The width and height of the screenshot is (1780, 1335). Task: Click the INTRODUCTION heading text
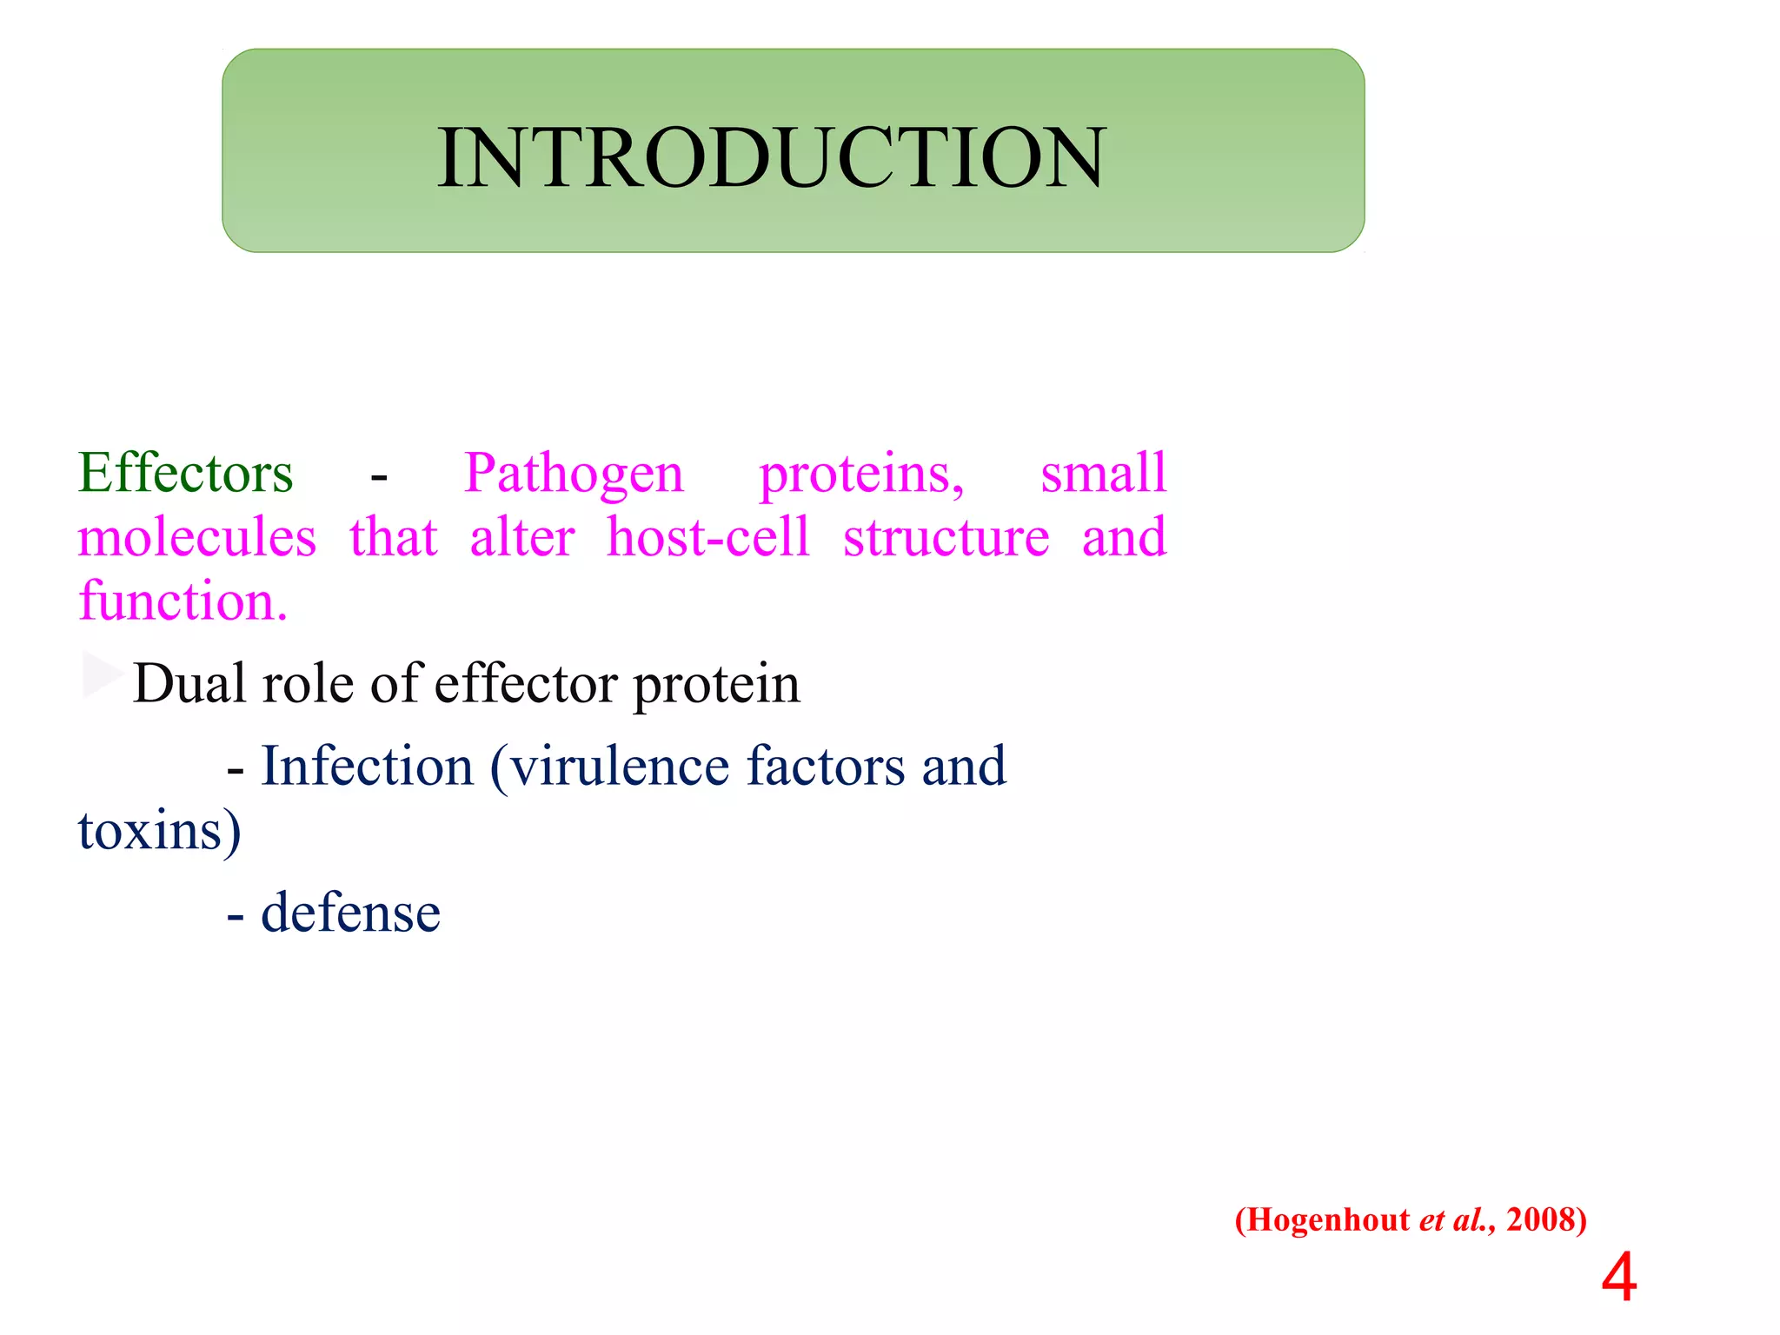pos(771,157)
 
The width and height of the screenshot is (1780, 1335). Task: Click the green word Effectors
pos(186,474)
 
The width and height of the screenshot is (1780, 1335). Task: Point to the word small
pos(1103,474)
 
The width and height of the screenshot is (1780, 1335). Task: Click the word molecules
pos(197,537)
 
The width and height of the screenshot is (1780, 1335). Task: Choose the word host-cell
pos(708,537)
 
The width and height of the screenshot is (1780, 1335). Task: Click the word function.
pos(183,601)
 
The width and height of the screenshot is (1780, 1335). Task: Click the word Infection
pos(367,767)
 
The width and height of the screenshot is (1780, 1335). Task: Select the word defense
pos(350,913)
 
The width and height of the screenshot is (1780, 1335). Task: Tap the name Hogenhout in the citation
pos(1328,1220)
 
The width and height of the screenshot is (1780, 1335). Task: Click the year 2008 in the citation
pos(1539,1220)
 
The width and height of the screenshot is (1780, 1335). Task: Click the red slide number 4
pos(1618,1279)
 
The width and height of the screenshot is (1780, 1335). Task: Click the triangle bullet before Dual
pos(102,674)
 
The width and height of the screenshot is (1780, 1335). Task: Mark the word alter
pos(522,537)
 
